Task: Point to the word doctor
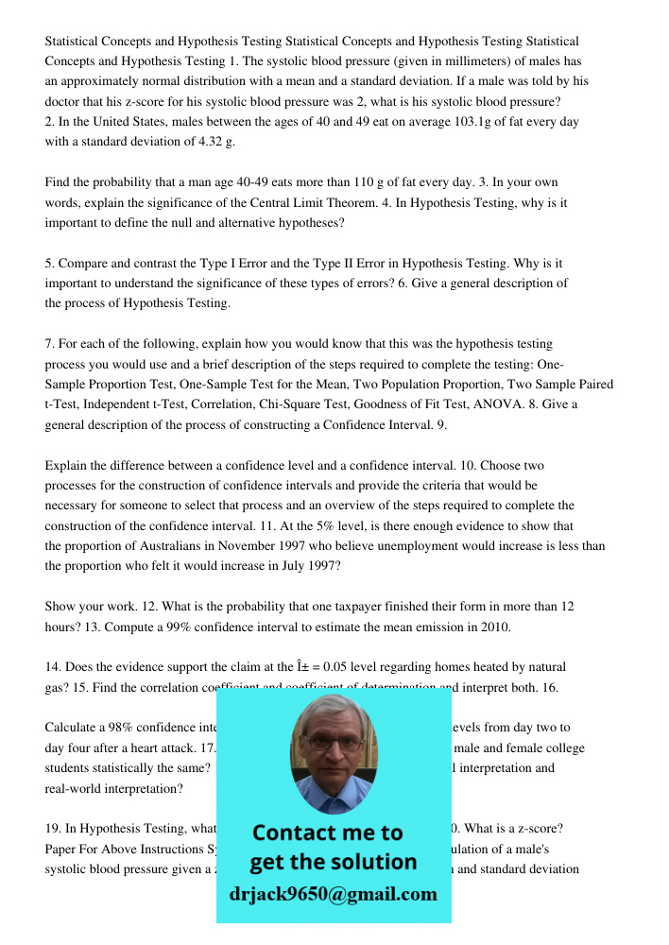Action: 63,102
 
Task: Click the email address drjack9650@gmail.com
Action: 334,894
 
